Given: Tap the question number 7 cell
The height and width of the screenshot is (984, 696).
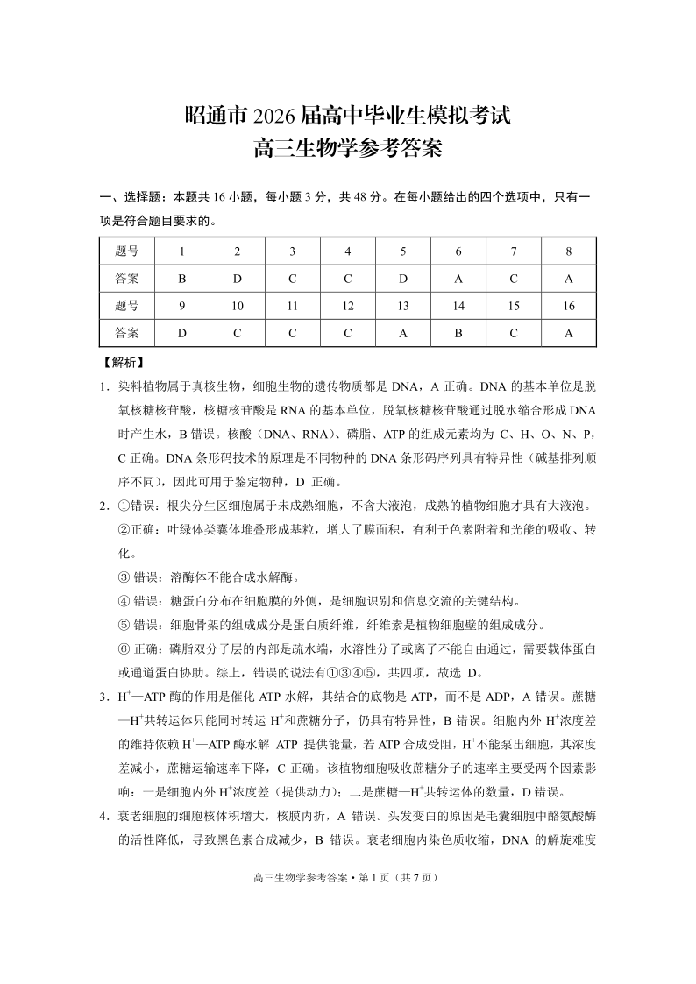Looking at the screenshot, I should (514, 251).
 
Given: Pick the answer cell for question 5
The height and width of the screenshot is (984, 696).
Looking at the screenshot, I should (403, 279).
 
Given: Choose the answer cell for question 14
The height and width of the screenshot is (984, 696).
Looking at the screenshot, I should (458, 333).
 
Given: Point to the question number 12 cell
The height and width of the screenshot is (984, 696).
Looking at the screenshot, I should (348, 306).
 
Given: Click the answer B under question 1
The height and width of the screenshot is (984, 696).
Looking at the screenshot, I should (182, 279).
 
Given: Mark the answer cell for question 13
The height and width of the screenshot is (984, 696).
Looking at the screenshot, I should (403, 333).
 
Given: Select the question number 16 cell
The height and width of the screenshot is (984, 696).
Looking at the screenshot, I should (568, 306).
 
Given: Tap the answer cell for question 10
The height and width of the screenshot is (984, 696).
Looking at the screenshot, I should (238, 333).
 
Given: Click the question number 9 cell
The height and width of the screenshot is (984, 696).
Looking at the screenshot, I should (182, 306).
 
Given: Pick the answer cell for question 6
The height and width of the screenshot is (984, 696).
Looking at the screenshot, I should (458, 279).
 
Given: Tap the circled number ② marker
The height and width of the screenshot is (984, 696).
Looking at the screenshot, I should (124, 530).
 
